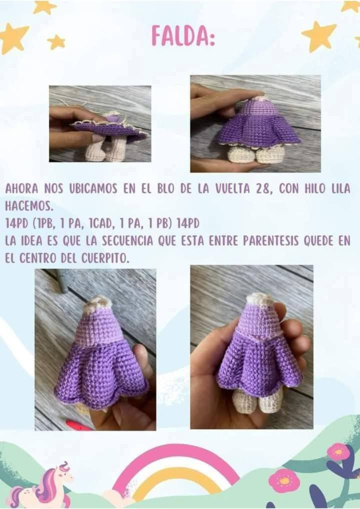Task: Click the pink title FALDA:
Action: (183, 36)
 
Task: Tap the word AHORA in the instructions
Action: (20, 189)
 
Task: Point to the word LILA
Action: (339, 189)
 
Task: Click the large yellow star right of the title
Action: (319, 35)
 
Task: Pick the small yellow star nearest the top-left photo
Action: (56, 41)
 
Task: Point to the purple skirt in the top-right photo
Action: (257, 130)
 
